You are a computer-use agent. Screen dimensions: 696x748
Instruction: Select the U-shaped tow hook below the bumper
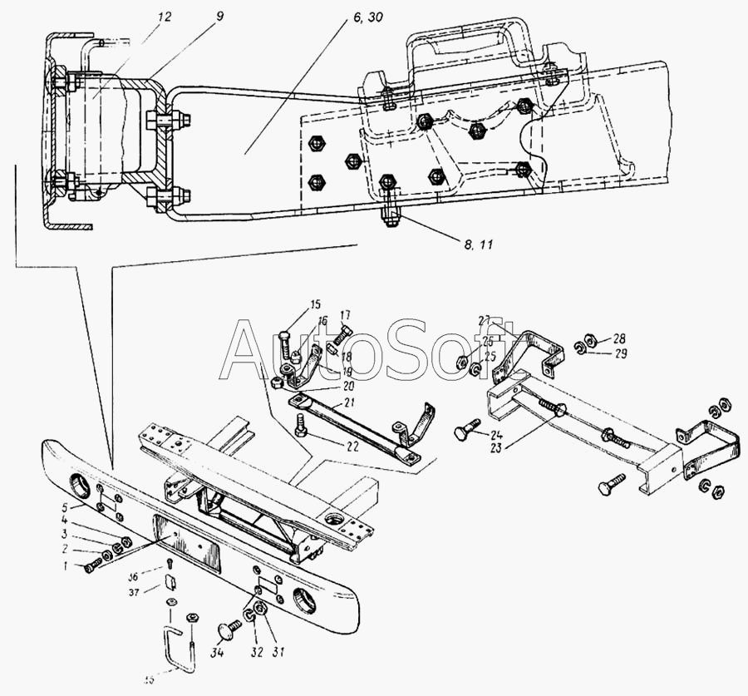pos(177,649)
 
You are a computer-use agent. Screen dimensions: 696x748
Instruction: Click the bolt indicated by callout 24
pos(465,433)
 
